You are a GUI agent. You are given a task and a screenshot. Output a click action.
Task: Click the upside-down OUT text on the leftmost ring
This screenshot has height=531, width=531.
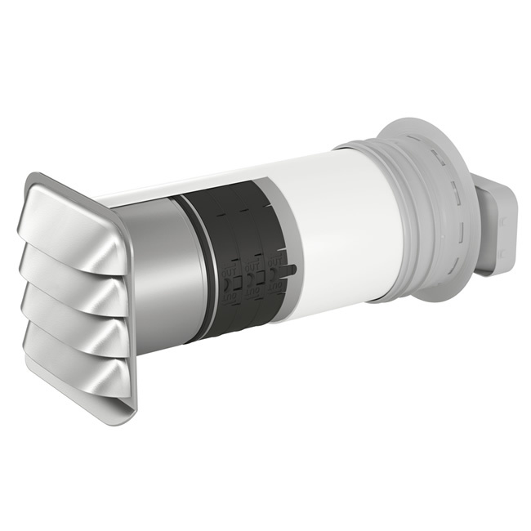pyautogui.click(x=232, y=301)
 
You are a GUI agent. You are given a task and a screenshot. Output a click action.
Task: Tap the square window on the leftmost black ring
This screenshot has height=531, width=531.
pyautogui.click(x=232, y=283)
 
